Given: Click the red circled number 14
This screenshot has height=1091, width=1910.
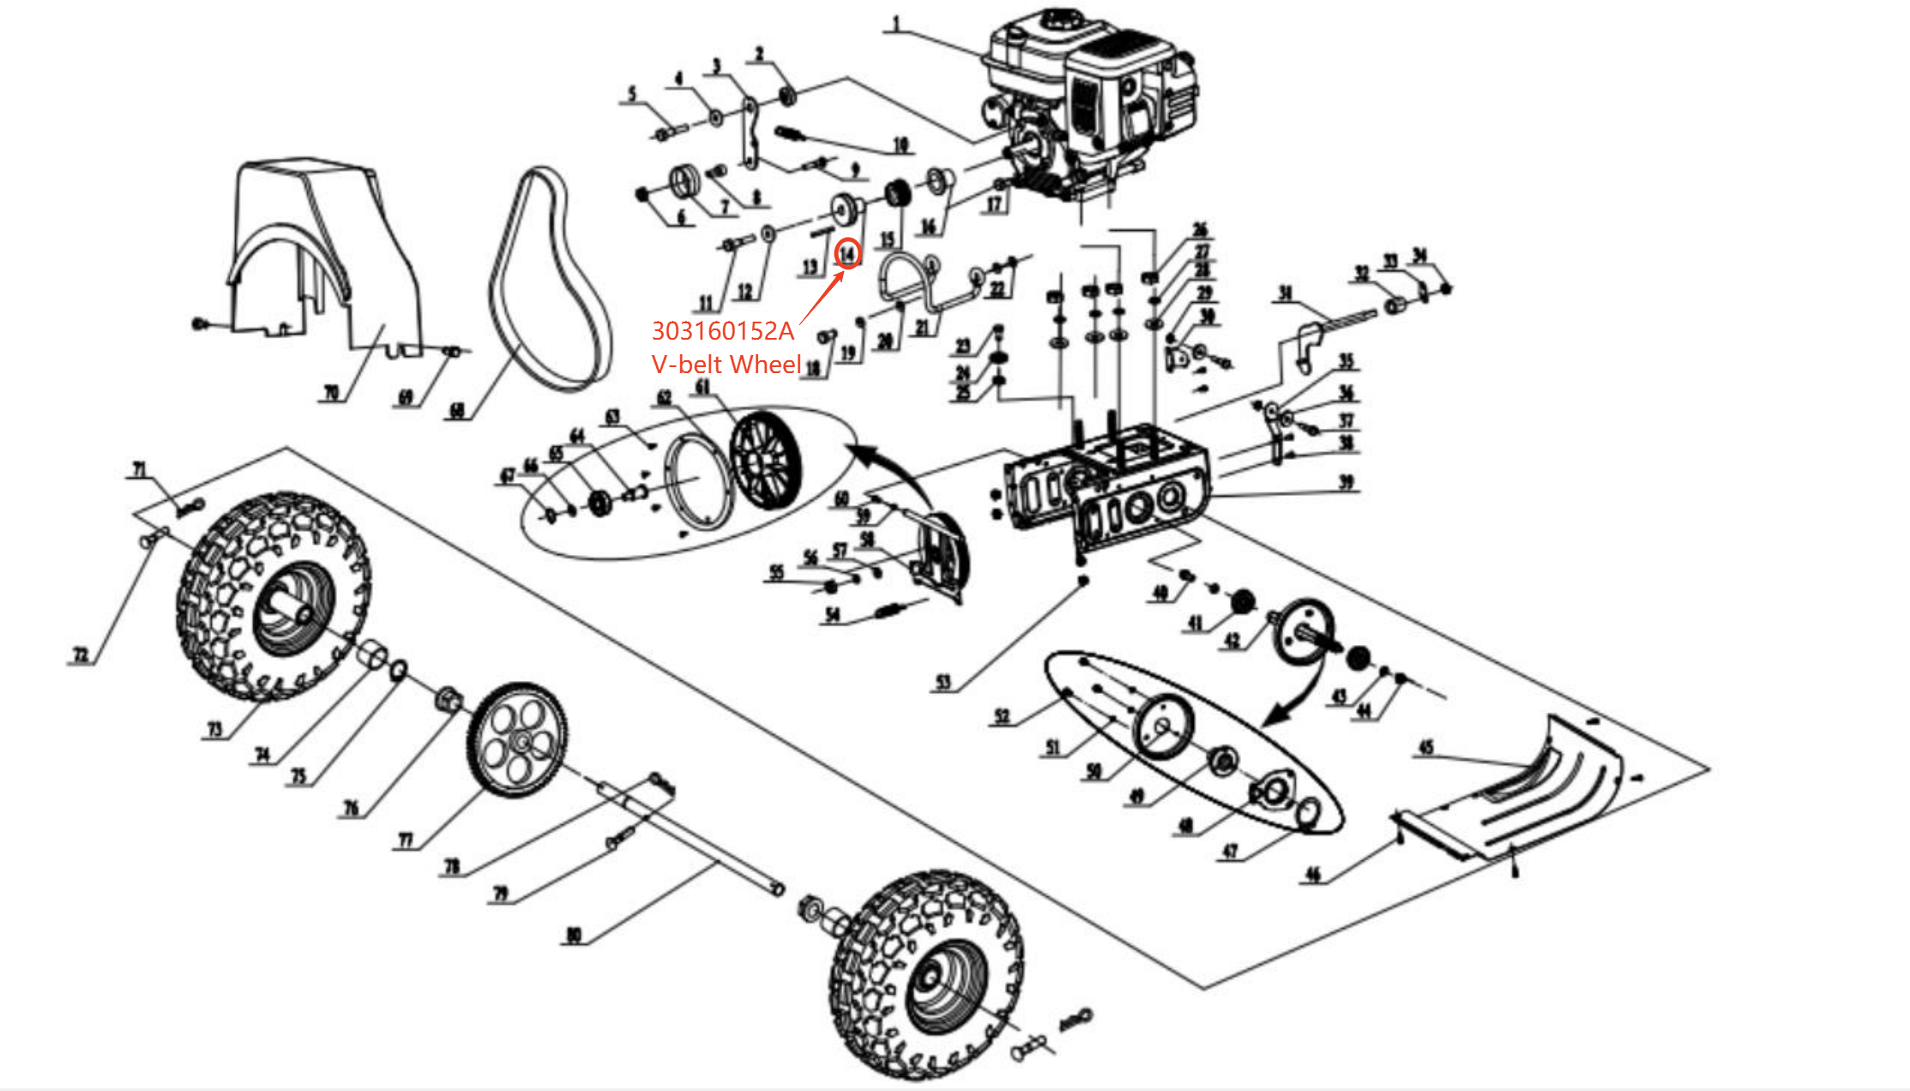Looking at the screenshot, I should click(847, 253).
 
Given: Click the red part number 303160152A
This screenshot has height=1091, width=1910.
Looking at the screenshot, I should click(723, 331).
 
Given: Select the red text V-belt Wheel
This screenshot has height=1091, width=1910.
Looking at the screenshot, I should click(726, 365).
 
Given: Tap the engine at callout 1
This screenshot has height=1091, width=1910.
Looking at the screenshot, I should click(1089, 103).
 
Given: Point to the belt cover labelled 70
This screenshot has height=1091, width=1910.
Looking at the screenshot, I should click(326, 257).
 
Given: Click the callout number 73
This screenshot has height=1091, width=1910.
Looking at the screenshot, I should click(214, 729).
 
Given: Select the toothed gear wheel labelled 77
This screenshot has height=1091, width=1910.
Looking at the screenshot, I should click(517, 740).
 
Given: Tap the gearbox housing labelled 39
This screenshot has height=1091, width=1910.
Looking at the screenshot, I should click(1106, 489).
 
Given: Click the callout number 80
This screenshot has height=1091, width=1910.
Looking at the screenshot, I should click(574, 934).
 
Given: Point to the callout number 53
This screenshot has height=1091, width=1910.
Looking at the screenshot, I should click(943, 682).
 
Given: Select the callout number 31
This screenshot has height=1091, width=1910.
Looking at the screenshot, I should click(1285, 293).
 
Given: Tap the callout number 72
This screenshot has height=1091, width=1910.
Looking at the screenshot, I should click(80, 655).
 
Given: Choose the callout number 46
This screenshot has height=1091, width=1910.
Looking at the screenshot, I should click(1313, 874).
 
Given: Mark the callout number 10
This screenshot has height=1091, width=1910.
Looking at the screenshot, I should click(901, 144).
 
